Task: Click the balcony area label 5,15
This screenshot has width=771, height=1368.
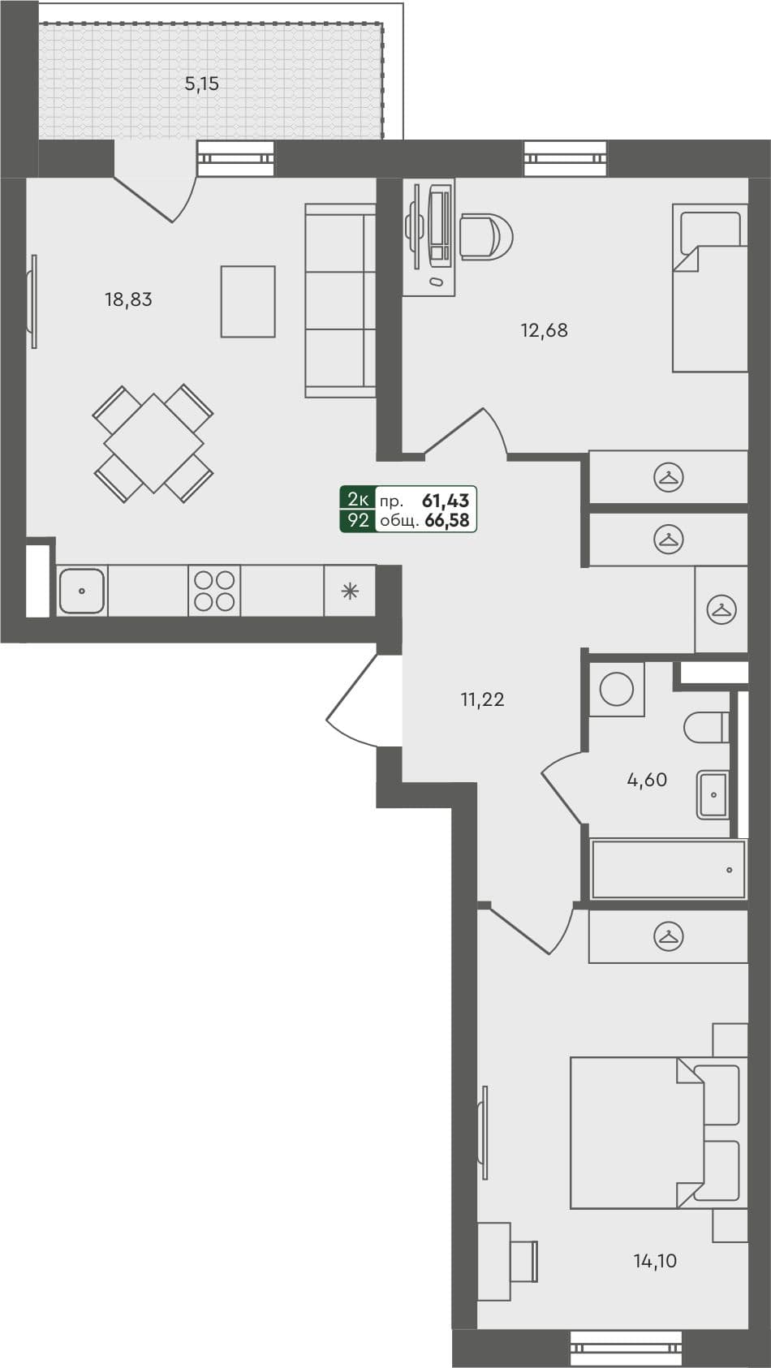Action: click(x=202, y=84)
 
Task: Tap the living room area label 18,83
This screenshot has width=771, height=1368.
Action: click(x=128, y=299)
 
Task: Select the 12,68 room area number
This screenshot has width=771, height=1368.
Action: click(x=544, y=330)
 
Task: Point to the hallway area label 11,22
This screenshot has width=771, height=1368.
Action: click(x=482, y=699)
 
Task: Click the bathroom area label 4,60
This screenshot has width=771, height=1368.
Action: click(x=647, y=780)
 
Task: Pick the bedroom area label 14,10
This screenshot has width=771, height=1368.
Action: click(x=655, y=1261)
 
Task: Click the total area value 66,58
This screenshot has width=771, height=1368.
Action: click(x=447, y=520)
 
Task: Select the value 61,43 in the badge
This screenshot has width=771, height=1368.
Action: click(x=446, y=501)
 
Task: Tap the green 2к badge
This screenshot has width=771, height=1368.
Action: click(x=358, y=500)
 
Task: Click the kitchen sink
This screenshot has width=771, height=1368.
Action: click(x=81, y=591)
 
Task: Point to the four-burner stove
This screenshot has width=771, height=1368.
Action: click(x=214, y=591)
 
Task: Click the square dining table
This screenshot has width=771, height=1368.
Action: click(x=153, y=443)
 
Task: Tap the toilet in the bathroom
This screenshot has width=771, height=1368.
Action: click(x=705, y=727)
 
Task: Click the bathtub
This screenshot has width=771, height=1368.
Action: click(x=668, y=869)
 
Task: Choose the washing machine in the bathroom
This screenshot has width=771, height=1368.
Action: click(x=617, y=690)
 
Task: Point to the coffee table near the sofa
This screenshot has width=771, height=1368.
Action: click(x=248, y=301)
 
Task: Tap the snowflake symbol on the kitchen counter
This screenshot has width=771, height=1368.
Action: click(x=350, y=591)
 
